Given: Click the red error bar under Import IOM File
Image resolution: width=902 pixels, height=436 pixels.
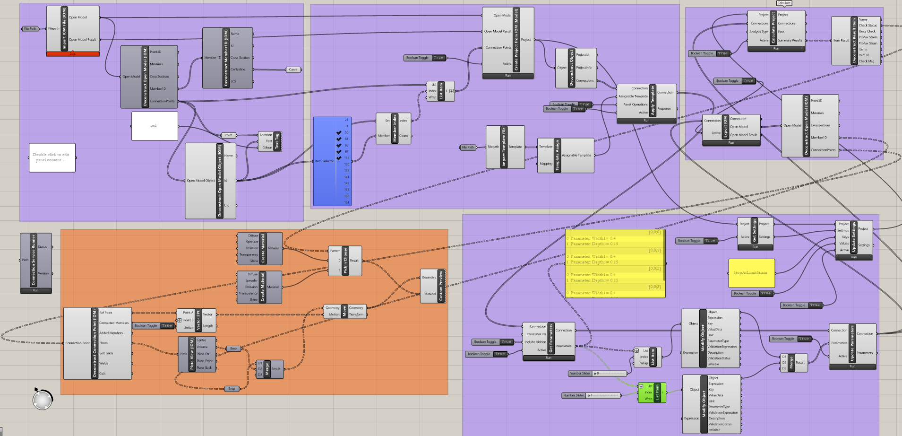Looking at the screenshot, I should point(73,54).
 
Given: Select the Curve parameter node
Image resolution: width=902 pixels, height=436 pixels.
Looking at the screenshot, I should point(293,70).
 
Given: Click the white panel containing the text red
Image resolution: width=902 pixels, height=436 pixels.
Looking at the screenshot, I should point(155,126).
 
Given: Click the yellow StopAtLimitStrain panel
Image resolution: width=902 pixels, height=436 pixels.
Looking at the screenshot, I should point(751,273).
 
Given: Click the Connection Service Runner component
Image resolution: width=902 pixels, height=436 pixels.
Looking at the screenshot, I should point(33,260).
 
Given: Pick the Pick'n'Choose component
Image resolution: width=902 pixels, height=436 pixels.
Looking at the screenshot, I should point(345,261).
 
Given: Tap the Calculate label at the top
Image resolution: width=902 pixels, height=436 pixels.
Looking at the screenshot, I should point(783,3).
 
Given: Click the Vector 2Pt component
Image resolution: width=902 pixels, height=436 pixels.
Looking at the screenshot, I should point(198,320).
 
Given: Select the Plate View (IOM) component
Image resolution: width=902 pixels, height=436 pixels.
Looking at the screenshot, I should point(192,354).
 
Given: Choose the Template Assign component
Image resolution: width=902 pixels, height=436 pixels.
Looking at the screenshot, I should point(557,155).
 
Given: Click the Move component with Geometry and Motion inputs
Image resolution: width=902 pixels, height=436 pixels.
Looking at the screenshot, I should point(344,311).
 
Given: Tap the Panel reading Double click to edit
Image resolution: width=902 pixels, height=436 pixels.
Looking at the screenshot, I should point(52,157).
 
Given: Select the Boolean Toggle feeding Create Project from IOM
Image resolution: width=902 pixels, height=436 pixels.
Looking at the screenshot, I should point(425,58).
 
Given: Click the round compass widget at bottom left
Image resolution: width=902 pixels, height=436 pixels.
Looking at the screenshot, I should point(42,400).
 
